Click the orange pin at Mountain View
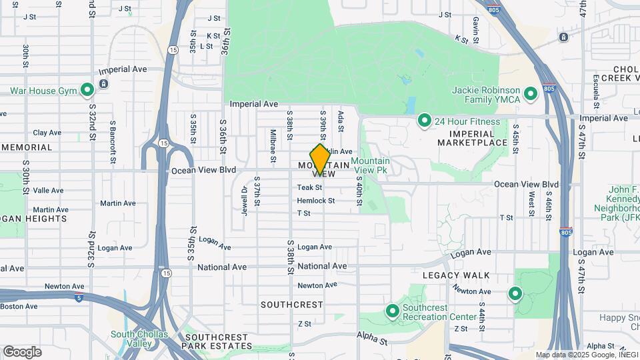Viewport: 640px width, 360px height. [320, 159]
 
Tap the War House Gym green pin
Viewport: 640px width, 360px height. [87, 91]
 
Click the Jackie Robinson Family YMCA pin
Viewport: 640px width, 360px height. [531, 94]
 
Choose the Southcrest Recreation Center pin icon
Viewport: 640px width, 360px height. [393, 311]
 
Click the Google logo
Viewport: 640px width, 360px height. [22, 352]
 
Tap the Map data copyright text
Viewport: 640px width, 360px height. [586, 355]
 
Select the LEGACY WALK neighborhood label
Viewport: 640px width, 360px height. [456, 275]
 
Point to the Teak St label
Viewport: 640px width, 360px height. [309, 188]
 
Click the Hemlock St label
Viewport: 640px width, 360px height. [315, 201]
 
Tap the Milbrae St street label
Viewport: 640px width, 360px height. [273, 146]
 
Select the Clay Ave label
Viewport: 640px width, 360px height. [47, 133]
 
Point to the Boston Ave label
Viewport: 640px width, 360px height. [19, 306]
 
